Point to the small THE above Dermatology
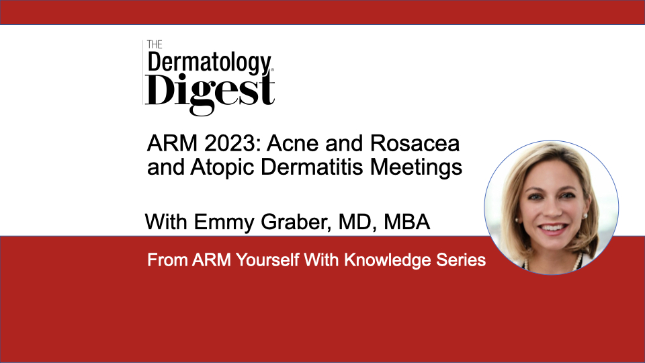pyautogui.click(x=155, y=44)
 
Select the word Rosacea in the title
pyautogui.click(x=415, y=144)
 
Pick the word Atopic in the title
pyautogui.click(x=222, y=168)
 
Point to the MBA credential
pyautogui.click(x=407, y=223)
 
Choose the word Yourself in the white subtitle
pyautogui.click(x=267, y=260)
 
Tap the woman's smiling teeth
pyautogui.click(x=552, y=227)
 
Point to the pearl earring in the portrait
pyautogui.click(x=585, y=215)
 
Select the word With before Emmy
pyautogui.click(x=166, y=223)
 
